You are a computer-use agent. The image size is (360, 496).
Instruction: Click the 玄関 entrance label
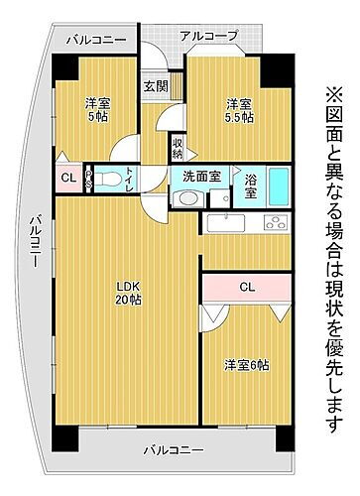[156, 86]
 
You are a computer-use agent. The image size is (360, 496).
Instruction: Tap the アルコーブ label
[208, 36]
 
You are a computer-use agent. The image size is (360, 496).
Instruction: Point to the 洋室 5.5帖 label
[239, 110]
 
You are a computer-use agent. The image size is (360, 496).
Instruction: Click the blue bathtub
[280, 186]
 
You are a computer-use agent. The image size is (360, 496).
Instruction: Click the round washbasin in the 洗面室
[186, 197]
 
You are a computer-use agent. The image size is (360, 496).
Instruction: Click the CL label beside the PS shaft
[67, 179]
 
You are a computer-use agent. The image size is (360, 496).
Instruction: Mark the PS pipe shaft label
[88, 180]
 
